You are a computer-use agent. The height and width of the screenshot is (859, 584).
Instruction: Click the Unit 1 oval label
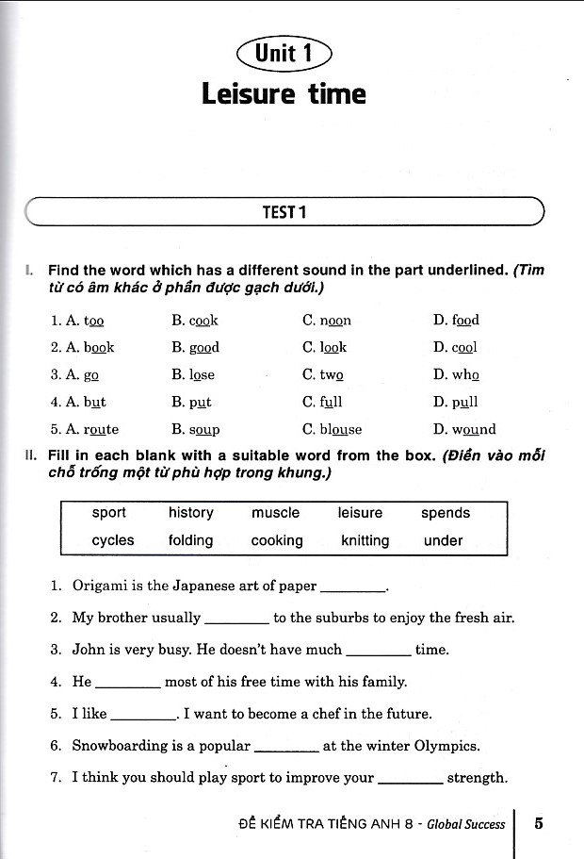click(284, 54)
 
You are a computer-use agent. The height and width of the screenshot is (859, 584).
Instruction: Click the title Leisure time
click(284, 94)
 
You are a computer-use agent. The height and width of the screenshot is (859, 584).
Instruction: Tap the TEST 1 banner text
click(284, 212)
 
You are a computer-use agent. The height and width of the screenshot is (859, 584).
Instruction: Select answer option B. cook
click(195, 321)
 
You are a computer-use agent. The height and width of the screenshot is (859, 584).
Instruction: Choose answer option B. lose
click(193, 374)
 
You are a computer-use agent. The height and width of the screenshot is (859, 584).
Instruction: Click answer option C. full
click(322, 402)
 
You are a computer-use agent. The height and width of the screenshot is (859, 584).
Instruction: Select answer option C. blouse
click(333, 429)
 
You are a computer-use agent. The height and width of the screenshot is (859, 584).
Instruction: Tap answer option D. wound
click(464, 429)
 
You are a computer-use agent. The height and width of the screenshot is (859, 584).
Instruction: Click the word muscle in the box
click(275, 513)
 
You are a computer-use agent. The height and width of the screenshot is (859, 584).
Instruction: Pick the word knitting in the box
click(365, 540)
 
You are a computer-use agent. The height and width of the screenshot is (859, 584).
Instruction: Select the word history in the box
click(191, 513)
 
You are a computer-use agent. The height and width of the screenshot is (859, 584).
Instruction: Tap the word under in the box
click(443, 540)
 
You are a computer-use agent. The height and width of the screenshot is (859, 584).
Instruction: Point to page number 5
click(539, 823)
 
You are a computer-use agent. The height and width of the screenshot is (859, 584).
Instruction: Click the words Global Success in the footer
click(465, 824)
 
